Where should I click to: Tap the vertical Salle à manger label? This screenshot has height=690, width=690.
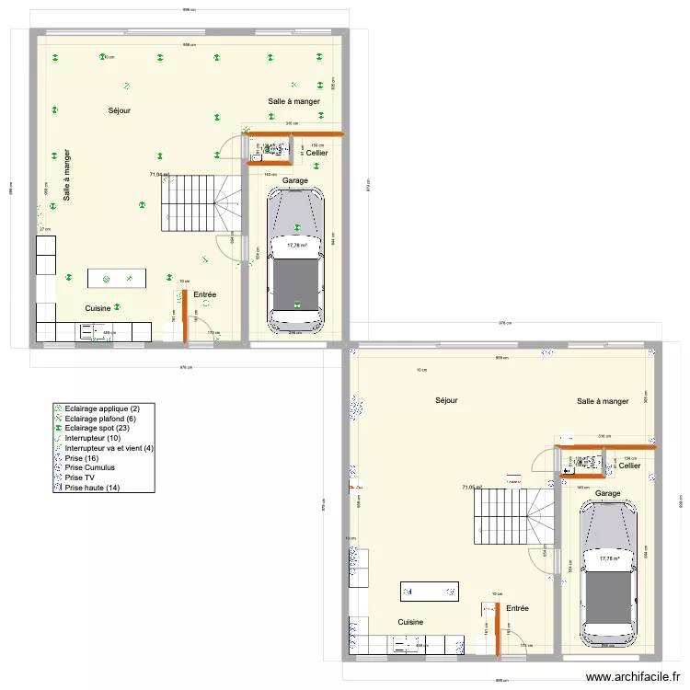(x=67, y=175)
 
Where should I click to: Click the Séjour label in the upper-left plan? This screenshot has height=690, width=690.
(x=119, y=110)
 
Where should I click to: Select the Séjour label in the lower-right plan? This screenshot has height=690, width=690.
(x=446, y=400)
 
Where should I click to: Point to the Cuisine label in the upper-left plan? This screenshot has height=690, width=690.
(x=98, y=308)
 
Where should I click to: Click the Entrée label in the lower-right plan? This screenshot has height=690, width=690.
(x=517, y=608)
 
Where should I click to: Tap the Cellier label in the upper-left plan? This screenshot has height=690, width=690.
(x=317, y=153)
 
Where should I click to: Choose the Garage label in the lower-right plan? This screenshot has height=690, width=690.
(x=607, y=493)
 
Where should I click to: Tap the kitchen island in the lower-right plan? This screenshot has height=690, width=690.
(x=429, y=592)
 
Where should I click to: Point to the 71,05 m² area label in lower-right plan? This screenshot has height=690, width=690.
(x=472, y=488)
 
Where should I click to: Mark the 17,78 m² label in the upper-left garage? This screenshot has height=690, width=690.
(x=295, y=246)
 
